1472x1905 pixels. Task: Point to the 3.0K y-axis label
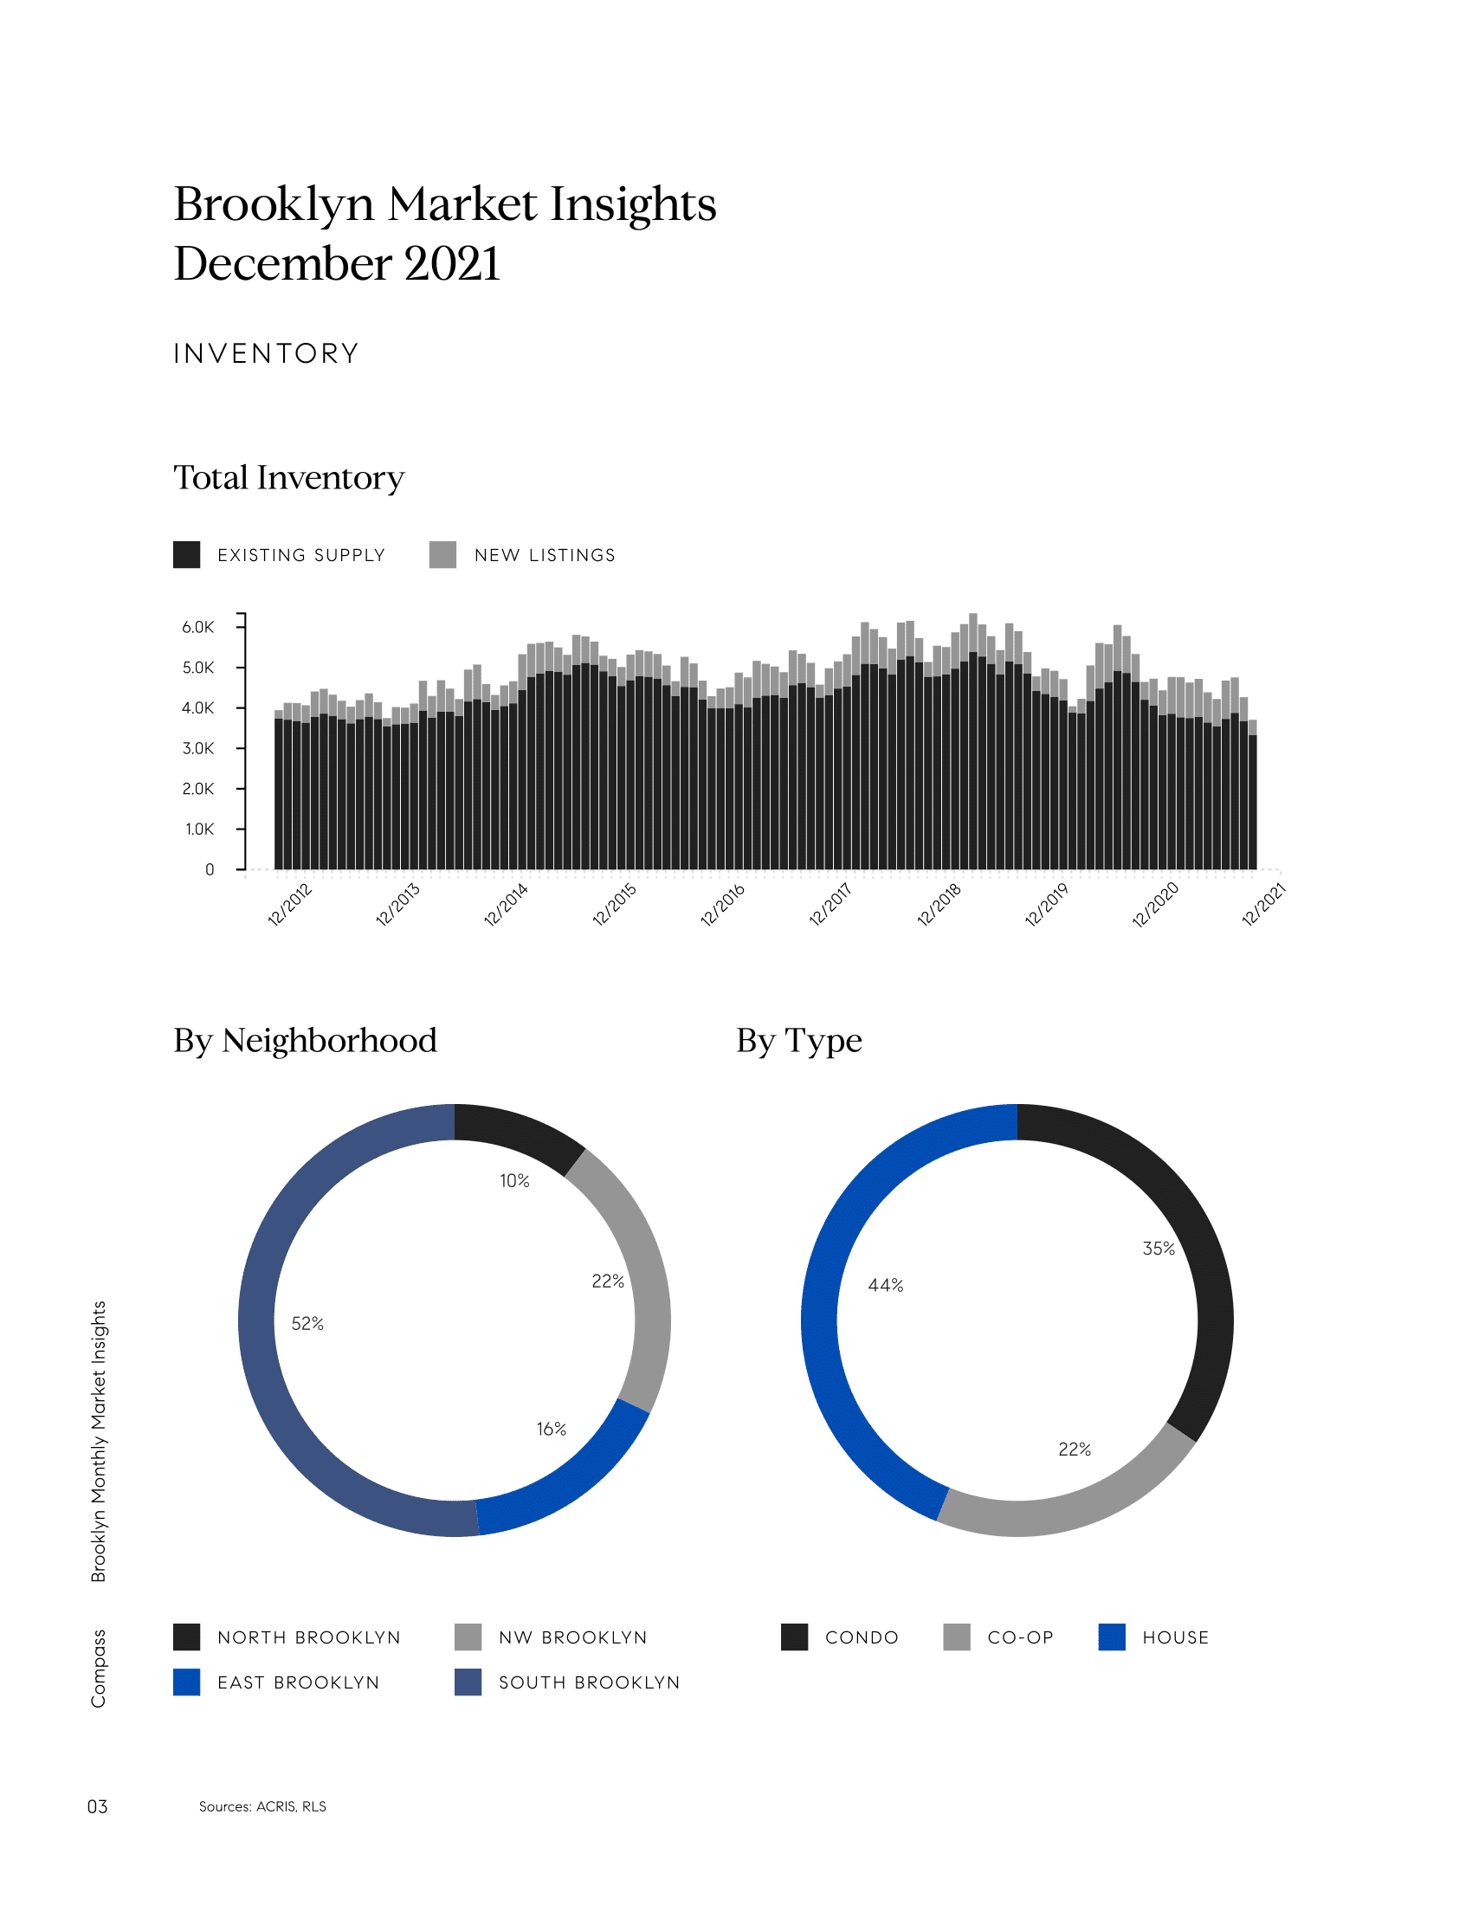coord(198,748)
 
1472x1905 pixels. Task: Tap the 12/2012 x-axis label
coord(289,904)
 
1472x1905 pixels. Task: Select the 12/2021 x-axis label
coord(1263,904)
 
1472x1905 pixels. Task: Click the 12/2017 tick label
coord(830,904)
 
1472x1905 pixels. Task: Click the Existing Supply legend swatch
coord(187,555)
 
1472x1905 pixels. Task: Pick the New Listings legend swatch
coord(443,555)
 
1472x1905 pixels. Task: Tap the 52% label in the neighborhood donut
coord(308,1324)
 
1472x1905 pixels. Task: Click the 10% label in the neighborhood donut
coord(514,1181)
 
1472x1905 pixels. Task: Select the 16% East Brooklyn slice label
coord(551,1429)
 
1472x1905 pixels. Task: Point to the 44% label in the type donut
coord(886,1286)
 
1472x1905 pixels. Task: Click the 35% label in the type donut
coord(1159,1249)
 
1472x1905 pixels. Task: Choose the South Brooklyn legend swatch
coord(468,1682)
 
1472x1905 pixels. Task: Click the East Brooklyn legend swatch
coord(187,1682)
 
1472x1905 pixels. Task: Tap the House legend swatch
coord(1112,1637)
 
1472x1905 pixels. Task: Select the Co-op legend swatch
coord(957,1637)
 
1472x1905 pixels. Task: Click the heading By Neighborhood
coord(305,1041)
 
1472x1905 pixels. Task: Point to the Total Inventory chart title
coord(288,478)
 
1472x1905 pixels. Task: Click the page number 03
coord(98,1806)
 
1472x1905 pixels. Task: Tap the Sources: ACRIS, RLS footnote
coord(262,1806)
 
